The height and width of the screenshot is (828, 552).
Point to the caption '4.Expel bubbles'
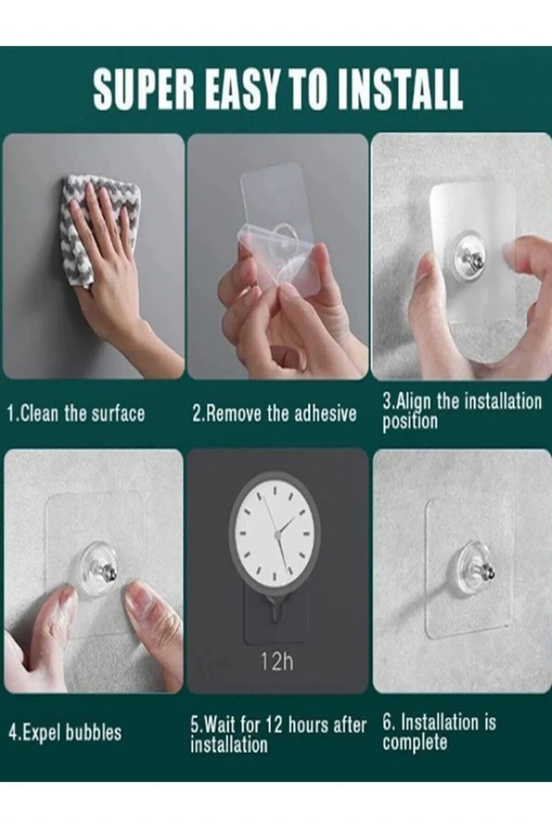(65, 732)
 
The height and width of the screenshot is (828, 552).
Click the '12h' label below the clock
(277, 661)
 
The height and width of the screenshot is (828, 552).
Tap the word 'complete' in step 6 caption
(415, 742)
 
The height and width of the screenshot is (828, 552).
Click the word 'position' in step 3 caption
(410, 422)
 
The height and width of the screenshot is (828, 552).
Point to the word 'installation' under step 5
(229, 744)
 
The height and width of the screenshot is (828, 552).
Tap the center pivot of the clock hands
(277, 534)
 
